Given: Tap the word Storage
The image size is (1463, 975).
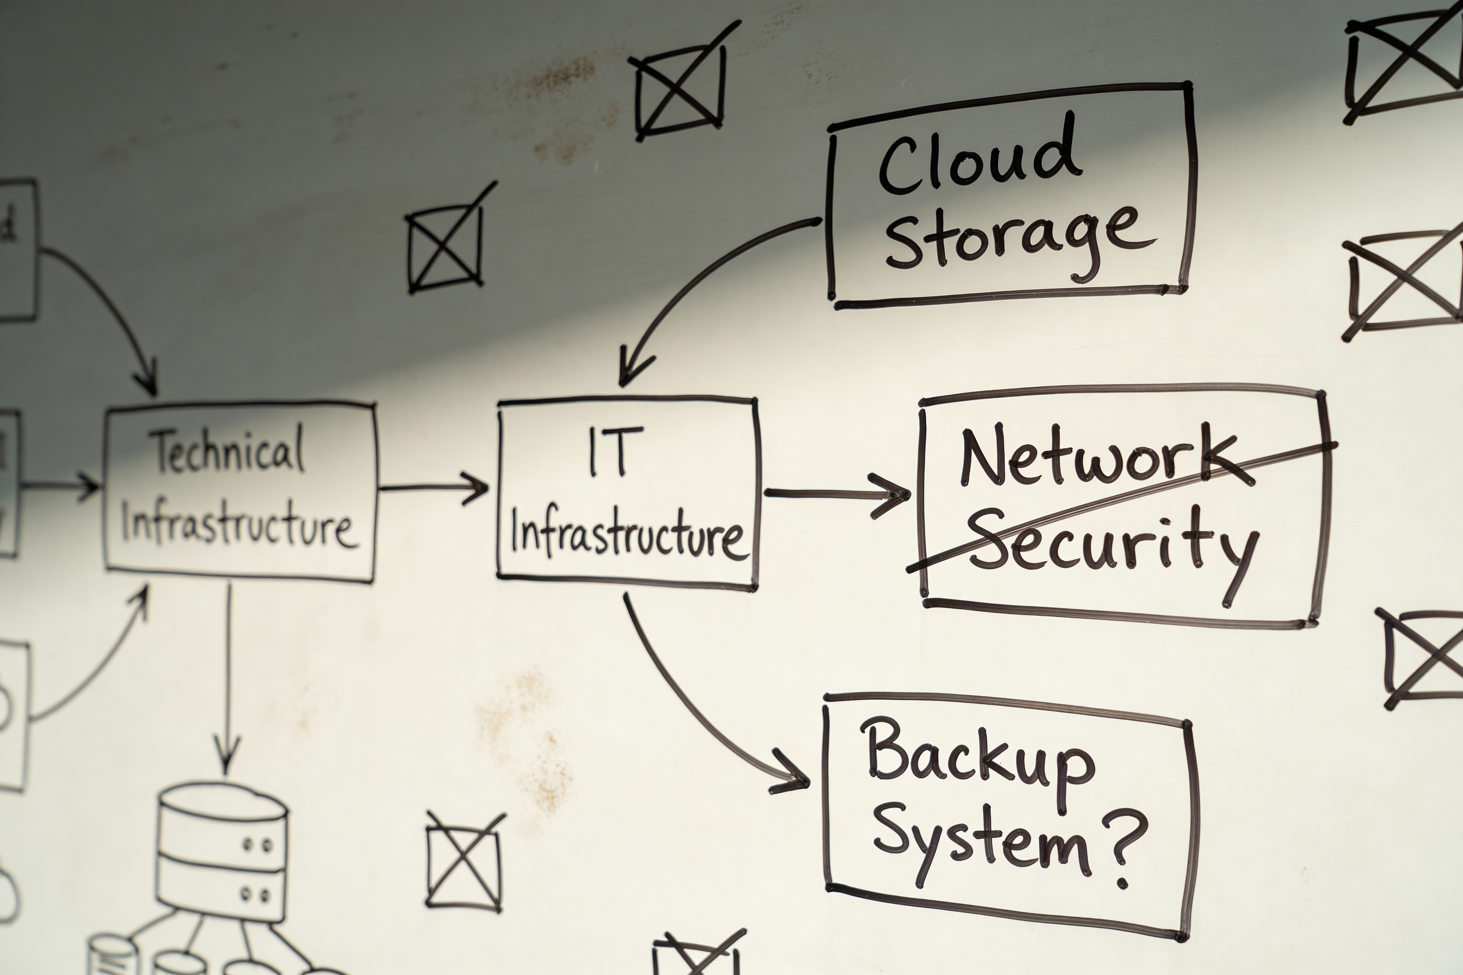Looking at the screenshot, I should tap(1020, 243).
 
